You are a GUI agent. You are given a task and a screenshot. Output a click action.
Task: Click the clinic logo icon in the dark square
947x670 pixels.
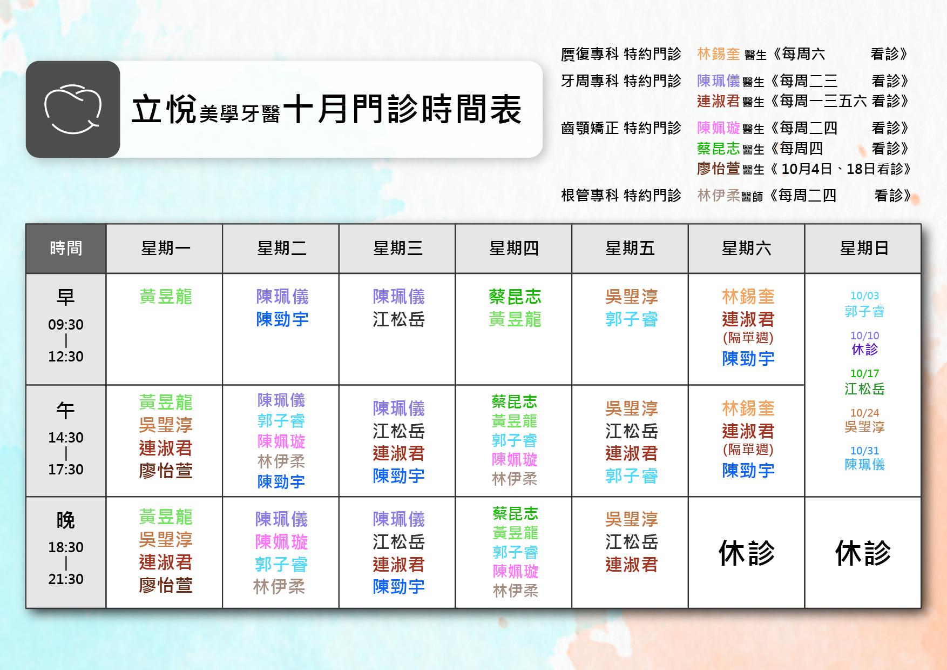(73, 109)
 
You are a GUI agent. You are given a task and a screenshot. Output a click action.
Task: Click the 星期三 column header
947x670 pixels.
(397, 249)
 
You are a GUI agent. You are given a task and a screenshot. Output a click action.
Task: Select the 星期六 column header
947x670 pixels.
(746, 249)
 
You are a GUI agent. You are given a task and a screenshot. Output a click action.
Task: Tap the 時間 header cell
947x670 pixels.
(66, 249)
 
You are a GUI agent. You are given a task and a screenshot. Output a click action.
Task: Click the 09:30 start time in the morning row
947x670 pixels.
(66, 325)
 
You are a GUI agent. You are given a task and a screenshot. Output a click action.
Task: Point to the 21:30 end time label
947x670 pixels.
(66, 579)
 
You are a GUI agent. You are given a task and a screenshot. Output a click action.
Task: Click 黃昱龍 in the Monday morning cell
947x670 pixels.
(165, 297)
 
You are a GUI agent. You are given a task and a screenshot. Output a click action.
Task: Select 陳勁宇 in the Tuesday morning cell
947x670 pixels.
(282, 319)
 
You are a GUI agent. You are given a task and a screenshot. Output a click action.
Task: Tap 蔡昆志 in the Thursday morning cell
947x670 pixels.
(515, 297)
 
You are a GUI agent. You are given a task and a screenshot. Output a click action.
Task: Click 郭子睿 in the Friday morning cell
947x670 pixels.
(631, 319)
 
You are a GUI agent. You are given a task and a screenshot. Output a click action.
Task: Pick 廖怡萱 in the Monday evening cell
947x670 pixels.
(165, 586)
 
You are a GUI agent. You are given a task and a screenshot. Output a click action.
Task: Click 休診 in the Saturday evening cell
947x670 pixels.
(746, 553)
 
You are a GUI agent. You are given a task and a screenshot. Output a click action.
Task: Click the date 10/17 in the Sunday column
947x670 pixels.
(864, 373)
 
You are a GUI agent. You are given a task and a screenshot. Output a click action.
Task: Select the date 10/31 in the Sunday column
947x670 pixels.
(864, 451)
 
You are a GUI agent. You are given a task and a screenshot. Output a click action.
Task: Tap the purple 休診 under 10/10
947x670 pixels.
(864, 350)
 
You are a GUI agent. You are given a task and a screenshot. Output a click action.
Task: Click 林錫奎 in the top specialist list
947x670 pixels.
(718, 54)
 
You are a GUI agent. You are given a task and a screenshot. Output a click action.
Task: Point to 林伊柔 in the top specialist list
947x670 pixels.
(718, 195)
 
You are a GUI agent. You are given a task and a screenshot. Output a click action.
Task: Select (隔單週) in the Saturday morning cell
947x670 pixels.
(748, 338)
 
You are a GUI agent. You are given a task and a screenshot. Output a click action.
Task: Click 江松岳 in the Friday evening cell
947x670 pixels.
(631, 542)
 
